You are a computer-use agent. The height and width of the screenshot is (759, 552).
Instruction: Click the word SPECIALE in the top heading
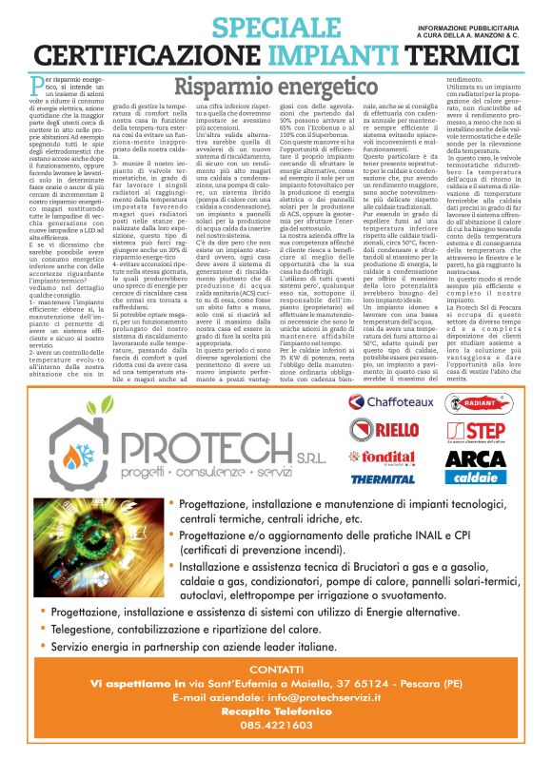click(x=250, y=27)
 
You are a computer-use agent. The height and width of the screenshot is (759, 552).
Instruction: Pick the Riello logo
click(x=384, y=430)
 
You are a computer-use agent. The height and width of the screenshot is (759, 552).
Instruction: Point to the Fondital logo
click(x=384, y=457)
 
